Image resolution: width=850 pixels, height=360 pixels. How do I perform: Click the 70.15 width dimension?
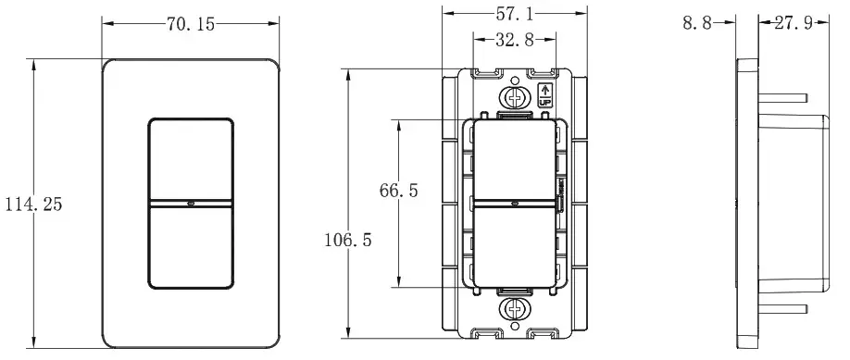click(x=191, y=25)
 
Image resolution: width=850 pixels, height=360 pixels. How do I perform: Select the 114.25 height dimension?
click(x=32, y=205)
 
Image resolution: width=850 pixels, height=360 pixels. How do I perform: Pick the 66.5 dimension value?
click(x=399, y=191)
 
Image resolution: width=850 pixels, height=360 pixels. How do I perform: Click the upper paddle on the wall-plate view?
click(x=191, y=158)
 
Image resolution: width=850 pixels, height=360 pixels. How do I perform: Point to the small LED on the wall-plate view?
click(x=191, y=202)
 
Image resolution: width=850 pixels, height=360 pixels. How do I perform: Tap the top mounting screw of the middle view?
click(x=513, y=96)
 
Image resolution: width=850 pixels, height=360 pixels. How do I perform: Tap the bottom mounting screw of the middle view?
click(x=513, y=308)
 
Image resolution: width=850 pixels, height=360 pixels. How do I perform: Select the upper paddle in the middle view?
click(x=513, y=162)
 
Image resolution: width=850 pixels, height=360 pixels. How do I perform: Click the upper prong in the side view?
click(x=785, y=94)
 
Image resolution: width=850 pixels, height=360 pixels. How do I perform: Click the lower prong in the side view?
click(x=785, y=308)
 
